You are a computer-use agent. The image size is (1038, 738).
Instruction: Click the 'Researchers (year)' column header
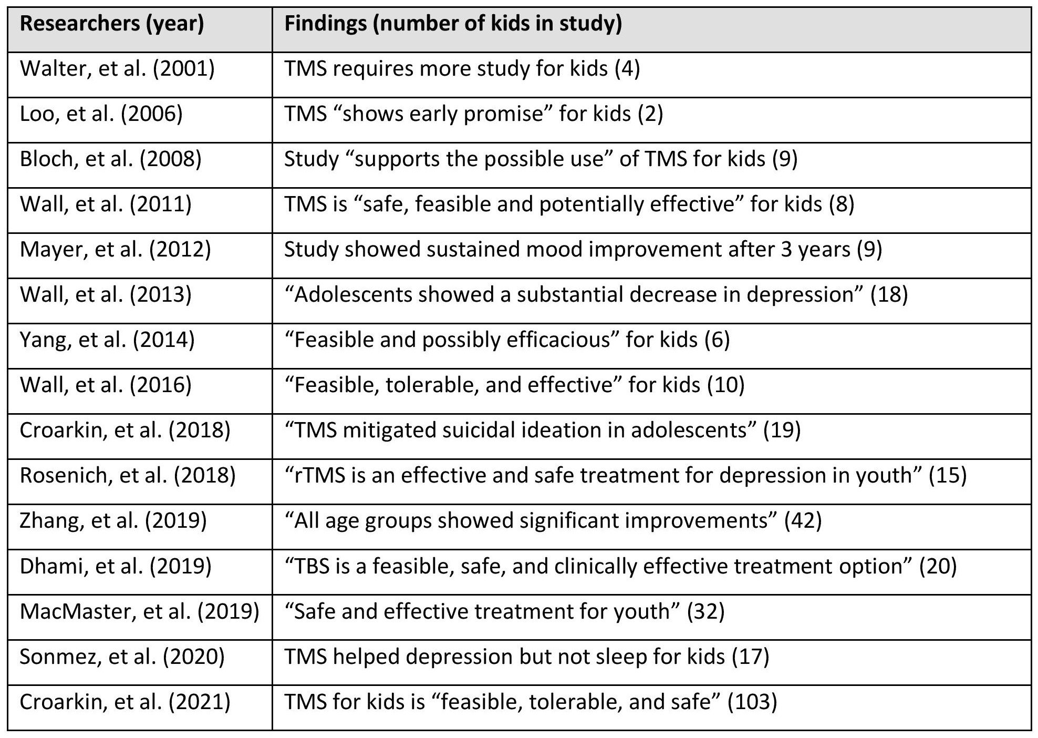pyautogui.click(x=112, y=24)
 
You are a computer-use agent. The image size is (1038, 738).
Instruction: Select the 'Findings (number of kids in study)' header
pyautogui.click(x=453, y=24)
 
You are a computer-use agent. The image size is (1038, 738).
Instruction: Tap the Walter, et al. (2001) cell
pyautogui.click(x=117, y=69)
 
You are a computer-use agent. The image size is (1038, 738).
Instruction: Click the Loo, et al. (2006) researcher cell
pyautogui.click(x=101, y=114)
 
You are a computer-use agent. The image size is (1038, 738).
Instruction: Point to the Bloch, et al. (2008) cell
pyautogui.click(x=111, y=159)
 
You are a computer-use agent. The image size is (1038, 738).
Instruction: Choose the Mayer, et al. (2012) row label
pyautogui.click(x=116, y=249)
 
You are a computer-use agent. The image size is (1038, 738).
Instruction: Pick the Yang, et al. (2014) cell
pyautogui.click(x=107, y=340)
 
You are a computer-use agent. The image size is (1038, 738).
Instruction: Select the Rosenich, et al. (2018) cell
pyautogui.click(x=128, y=475)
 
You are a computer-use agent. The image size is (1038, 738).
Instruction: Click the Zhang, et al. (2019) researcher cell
pyautogui.click(x=113, y=520)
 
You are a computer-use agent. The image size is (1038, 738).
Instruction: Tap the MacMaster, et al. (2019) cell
pyautogui.click(x=140, y=611)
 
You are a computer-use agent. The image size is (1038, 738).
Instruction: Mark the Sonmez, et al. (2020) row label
pyautogui.click(x=122, y=656)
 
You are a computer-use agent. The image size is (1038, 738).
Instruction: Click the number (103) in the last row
pyautogui.click(x=752, y=701)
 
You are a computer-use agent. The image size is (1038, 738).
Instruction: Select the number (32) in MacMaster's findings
pyautogui.click(x=705, y=611)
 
